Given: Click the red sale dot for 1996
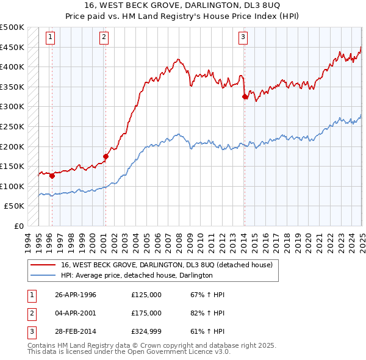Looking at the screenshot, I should pos(52,176).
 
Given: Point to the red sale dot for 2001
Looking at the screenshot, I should pos(106,156).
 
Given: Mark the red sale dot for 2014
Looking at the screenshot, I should pos(245,96).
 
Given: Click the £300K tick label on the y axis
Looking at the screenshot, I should pos(12,107).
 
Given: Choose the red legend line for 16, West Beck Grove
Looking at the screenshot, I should pos(43,265).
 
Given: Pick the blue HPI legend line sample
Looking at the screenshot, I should pos(43,275).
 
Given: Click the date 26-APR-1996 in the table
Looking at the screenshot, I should pos(76,295).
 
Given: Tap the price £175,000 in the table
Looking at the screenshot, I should pos(146,313).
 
